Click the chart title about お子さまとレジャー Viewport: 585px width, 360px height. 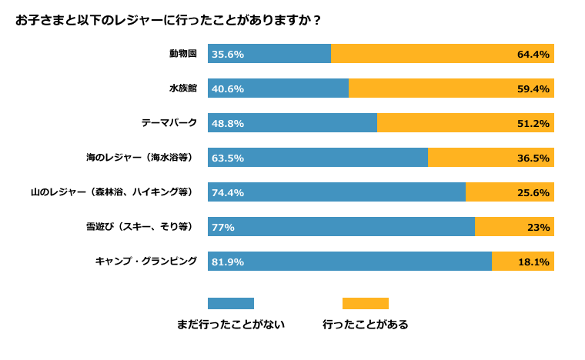pos(169,20)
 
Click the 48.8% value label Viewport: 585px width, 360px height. pos(228,123)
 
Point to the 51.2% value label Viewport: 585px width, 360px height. pos(533,123)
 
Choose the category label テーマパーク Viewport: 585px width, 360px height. pos(169,123)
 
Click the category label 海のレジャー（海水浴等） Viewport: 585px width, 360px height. pos(139,158)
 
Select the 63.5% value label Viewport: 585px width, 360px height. pos(228,158)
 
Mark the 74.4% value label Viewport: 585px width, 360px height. pos(228,192)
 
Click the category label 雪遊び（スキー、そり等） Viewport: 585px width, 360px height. pos(139,227)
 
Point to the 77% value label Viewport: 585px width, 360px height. pos(223,227)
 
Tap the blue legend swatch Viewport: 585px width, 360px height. pos(231,303)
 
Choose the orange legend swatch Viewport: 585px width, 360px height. pos(366,303)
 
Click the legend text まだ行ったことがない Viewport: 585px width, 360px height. pos(231,325)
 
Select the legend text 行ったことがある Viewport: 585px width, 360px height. pos(366,325)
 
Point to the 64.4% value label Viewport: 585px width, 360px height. pos(533,54)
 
